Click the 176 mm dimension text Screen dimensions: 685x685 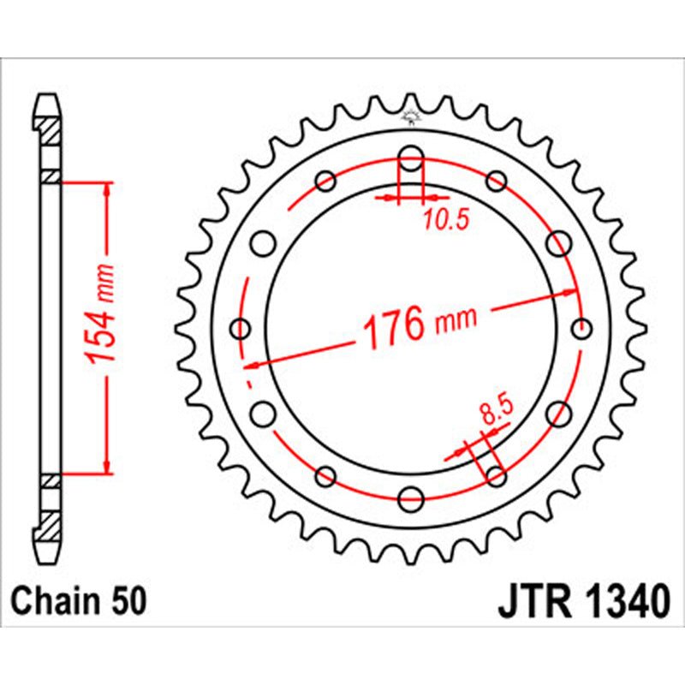pos(420,325)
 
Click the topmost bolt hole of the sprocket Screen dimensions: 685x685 pos(411,158)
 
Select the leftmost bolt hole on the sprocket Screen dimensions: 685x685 pos(241,328)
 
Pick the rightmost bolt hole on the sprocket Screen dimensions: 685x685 pos(581,328)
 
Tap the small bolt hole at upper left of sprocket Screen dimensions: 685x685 pos(325,181)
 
